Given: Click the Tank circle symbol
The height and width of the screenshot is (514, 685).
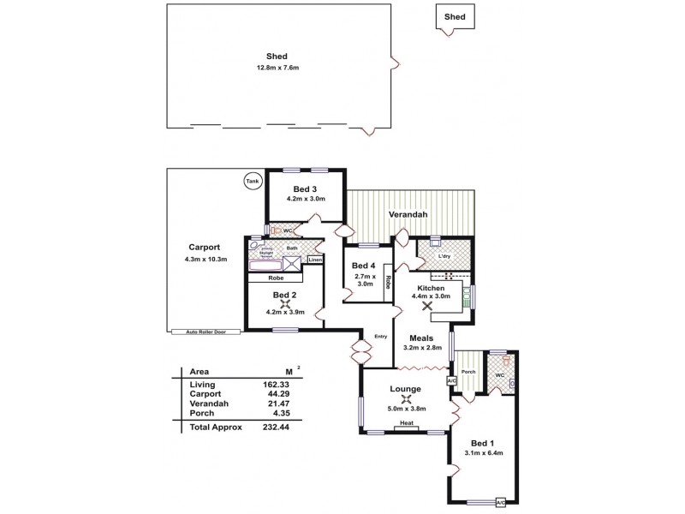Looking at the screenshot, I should click(252, 182).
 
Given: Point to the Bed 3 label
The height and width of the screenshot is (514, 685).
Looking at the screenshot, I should click(306, 188).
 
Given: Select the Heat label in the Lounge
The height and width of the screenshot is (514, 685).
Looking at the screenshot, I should click(407, 423).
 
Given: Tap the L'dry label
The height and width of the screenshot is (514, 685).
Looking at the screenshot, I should click(444, 255).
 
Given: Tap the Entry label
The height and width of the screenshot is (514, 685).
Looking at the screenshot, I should click(381, 336).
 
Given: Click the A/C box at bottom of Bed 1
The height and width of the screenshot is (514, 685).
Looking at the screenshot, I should click(501, 503).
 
